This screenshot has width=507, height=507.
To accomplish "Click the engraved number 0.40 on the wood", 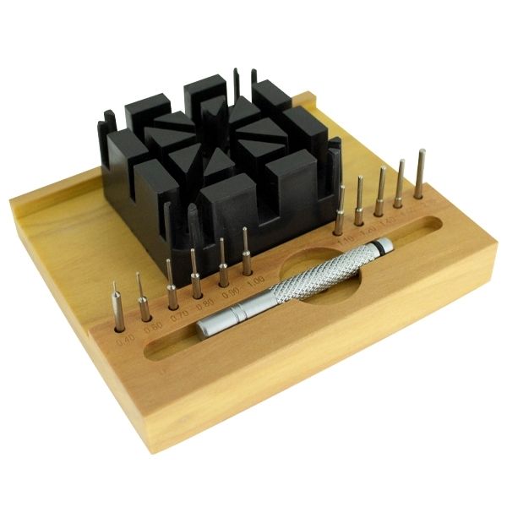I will pos(120,343).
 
